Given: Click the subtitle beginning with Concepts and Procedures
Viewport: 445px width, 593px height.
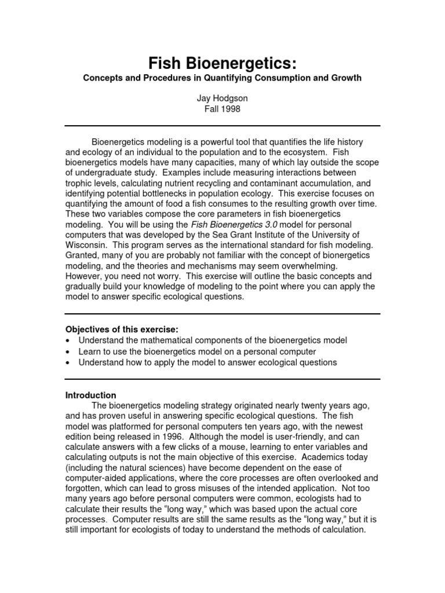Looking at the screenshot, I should (222, 78).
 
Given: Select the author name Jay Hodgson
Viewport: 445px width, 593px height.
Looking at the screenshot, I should (222, 98).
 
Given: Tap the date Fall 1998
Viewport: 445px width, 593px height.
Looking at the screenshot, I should (222, 108).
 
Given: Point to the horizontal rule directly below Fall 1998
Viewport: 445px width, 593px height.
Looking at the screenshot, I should (222, 126).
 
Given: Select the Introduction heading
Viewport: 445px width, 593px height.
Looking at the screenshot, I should (90, 396).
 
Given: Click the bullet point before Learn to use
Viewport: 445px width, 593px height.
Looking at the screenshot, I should (68, 352).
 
